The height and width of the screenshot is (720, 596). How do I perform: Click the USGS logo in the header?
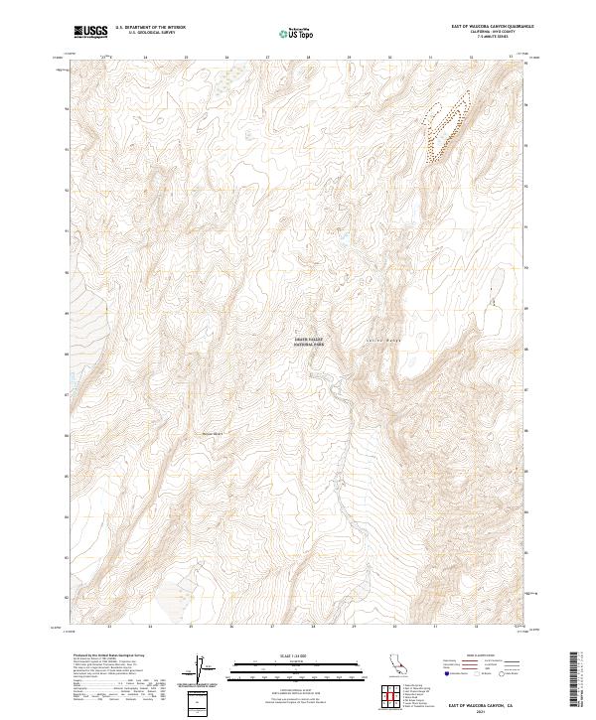[91, 33]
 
